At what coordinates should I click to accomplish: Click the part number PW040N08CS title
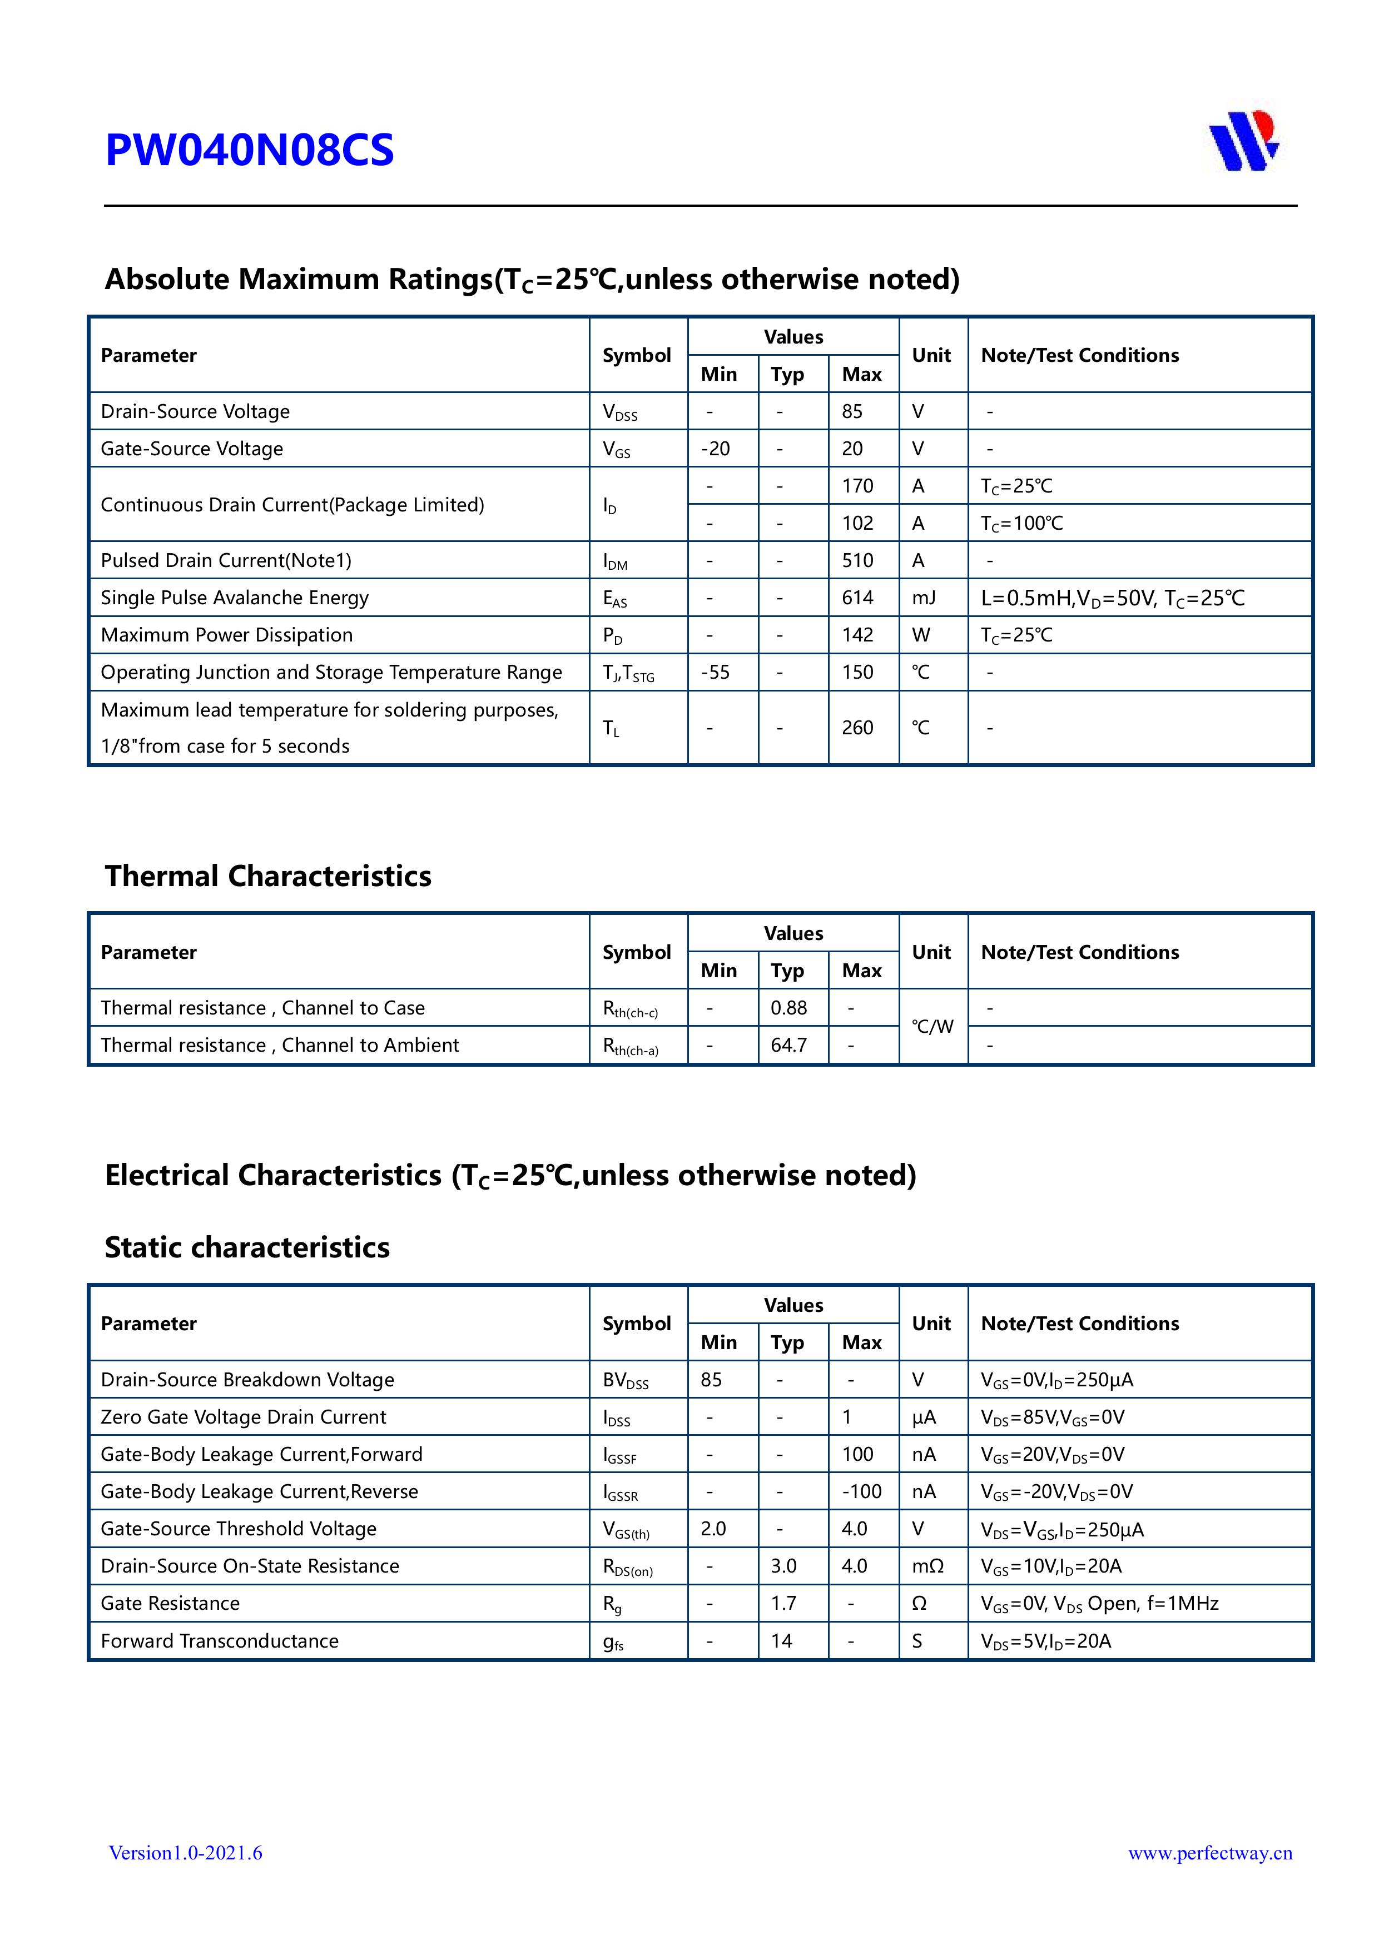(249, 150)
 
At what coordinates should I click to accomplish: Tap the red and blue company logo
(1243, 141)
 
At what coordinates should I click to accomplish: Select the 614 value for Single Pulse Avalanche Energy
(857, 598)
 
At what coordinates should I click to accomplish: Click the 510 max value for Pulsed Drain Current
(857, 560)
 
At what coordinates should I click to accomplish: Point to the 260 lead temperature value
(857, 728)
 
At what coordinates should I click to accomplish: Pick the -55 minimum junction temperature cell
(716, 673)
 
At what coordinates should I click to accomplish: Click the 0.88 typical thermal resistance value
(788, 1008)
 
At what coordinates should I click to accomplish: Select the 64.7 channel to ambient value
(788, 1046)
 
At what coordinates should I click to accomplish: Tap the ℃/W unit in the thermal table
(932, 1027)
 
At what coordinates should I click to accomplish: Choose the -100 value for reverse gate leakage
(861, 1492)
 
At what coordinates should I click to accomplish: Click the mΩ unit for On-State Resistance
(928, 1566)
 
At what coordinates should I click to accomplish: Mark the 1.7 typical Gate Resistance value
(783, 1604)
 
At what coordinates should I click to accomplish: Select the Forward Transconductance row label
(219, 1641)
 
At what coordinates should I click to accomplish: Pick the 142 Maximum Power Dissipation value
(857, 635)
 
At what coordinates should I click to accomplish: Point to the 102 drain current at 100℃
(857, 523)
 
